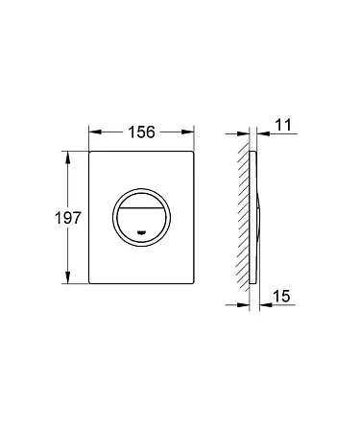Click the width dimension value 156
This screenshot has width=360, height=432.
coord(141,132)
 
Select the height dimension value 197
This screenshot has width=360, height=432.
coord(68,218)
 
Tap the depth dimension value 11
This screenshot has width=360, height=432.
coord(283,125)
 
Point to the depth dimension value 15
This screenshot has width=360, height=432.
coord(281,296)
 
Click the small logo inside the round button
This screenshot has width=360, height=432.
coord(141,232)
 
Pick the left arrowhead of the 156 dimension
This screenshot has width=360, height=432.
coord(95,132)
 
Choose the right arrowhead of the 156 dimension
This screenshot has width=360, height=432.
coord(188,132)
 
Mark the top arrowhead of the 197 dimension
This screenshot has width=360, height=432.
coord(67,157)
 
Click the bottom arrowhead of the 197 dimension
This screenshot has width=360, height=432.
coord(67,277)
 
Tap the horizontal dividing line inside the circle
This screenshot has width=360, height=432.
coord(141,207)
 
